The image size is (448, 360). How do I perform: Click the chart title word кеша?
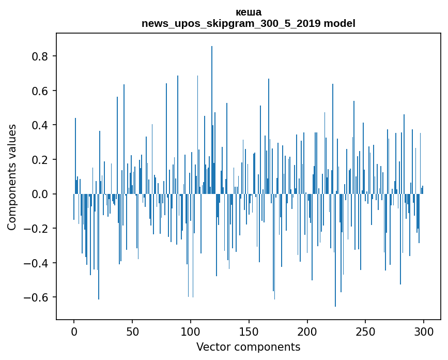(x=248, y=12)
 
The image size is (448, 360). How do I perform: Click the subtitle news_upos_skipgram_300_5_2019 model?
(x=248, y=23)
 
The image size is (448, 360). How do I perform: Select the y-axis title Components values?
(x=12, y=177)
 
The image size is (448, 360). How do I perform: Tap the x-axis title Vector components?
(x=248, y=347)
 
